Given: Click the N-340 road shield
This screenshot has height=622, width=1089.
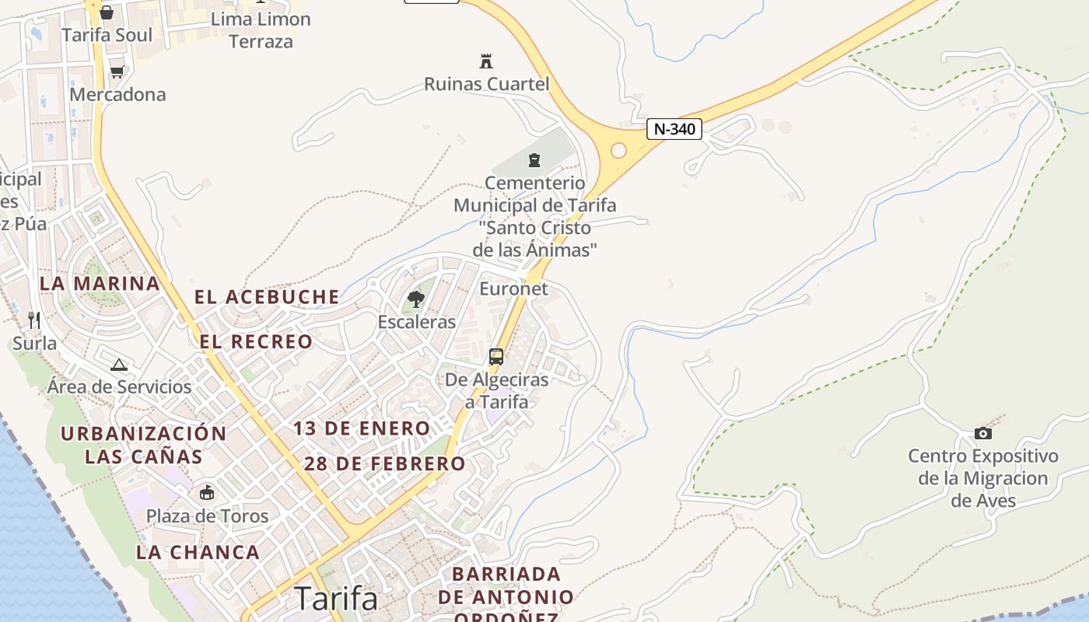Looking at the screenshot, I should (674, 129).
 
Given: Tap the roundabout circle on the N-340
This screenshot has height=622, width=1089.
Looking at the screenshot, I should (619, 150).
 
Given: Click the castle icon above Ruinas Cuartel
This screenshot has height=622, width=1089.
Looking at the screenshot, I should (486, 61).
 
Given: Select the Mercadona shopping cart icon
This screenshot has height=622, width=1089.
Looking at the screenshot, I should (117, 72).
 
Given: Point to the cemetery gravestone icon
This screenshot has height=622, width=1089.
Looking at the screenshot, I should (534, 160).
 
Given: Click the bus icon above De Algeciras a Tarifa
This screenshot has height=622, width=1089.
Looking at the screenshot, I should (495, 357).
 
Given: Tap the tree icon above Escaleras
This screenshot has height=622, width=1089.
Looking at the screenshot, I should (416, 299).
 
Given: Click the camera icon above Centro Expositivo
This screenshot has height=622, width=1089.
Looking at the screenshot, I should (982, 433).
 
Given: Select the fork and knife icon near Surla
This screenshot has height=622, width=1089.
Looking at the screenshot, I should (34, 320).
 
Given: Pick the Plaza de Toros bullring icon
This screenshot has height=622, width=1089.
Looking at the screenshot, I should (207, 492).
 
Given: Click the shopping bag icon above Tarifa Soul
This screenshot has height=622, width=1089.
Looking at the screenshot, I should (107, 12).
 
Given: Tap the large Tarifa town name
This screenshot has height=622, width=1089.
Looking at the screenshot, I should (336, 599).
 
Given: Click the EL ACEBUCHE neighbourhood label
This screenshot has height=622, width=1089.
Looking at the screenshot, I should (267, 296).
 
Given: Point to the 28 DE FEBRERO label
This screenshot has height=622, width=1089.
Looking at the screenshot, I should (384, 464).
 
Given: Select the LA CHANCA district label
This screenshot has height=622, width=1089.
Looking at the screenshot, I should (198, 553).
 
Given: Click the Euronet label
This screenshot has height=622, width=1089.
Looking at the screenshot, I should (513, 288).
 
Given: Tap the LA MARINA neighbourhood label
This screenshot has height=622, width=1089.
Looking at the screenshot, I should (100, 284).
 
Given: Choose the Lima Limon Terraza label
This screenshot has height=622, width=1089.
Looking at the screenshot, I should (261, 30).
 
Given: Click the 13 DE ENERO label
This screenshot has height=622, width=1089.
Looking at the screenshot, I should (362, 428).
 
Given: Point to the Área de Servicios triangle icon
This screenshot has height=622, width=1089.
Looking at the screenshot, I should (118, 365).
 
